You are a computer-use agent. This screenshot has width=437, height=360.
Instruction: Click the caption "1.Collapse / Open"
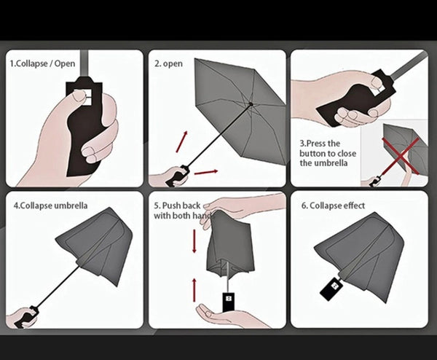coord(42,63)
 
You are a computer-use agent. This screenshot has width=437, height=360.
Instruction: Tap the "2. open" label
coord(169,63)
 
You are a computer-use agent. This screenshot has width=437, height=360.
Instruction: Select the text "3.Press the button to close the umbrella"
coord(328,153)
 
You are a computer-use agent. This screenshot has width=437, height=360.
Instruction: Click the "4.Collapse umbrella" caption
coord(50,206)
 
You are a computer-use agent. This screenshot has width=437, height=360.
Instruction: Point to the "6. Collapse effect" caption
coord(333,206)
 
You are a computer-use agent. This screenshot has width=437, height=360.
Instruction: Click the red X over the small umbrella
coord(401,155)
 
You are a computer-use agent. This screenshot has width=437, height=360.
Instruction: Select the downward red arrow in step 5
coord(194,241)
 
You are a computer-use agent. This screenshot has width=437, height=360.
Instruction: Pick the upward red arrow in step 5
coord(194,290)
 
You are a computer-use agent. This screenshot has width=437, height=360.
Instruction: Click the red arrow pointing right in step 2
coord(206,172)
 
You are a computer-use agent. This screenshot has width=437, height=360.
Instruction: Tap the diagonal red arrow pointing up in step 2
coord(182,141)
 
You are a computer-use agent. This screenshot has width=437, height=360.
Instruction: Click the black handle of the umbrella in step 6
coord(331,289)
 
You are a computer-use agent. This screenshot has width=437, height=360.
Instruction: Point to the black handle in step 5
coord(228,302)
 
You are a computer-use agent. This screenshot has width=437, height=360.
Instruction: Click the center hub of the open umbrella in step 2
coord(251,104)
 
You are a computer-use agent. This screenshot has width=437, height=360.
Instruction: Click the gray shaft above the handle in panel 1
coord(84,63)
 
